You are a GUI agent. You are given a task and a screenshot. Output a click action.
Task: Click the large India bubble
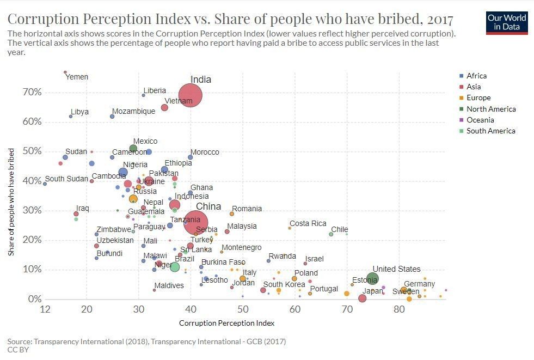coord(190,96)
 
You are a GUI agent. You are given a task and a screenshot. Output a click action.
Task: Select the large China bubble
coord(191,220)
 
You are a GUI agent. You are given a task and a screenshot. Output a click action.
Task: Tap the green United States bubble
coord(372,279)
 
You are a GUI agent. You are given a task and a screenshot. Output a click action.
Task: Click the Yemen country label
coord(76,77)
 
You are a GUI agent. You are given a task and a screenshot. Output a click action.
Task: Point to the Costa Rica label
coord(308,224)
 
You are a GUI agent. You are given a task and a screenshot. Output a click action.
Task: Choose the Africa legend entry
coord(476,76)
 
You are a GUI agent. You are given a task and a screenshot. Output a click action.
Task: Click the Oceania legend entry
coord(480,120)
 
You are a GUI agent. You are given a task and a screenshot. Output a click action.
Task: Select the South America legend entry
coord(490,131)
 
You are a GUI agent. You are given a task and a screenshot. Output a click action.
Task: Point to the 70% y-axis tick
coord(32,93)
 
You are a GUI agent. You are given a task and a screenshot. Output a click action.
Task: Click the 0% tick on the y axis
coord(34,299)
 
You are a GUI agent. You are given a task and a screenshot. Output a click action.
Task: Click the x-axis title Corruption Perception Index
coord(226,323)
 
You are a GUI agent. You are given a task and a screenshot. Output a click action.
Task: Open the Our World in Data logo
coord(507,22)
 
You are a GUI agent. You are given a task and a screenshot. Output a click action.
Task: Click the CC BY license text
coord(18,350)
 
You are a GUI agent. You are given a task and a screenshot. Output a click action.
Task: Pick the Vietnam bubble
coord(164,108)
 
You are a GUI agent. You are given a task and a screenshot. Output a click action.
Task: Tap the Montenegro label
coord(241,248)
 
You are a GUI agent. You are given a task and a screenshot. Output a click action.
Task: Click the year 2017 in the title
coord(440,20)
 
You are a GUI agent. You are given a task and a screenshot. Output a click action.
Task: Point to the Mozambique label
coord(133,112)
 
